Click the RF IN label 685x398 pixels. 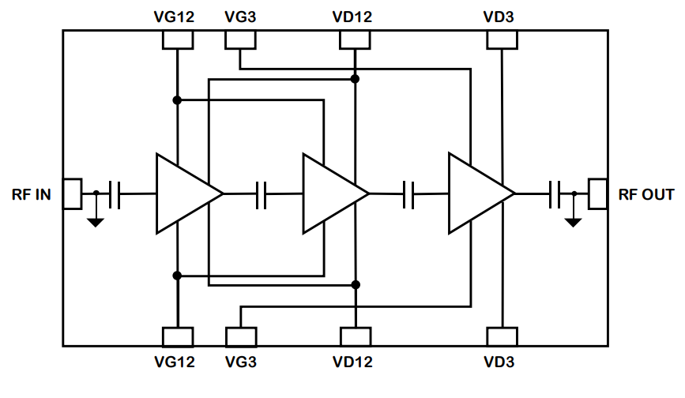pyautogui.click(x=32, y=194)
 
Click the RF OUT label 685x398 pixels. pyautogui.click(x=646, y=194)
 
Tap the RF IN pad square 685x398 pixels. pyautogui.click(x=72, y=193)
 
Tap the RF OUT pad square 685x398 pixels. pyautogui.click(x=597, y=193)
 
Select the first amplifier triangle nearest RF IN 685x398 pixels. pyautogui.click(x=183, y=193)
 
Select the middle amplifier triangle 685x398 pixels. pyautogui.click(x=330, y=193)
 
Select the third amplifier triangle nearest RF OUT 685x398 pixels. pyautogui.click(x=476, y=193)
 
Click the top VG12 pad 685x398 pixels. pyautogui.click(x=178, y=40)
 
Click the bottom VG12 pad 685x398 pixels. pyautogui.click(x=178, y=337)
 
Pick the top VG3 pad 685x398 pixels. pyautogui.click(x=240, y=40)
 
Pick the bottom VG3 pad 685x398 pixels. pyautogui.click(x=241, y=337)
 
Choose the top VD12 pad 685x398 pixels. pyautogui.click(x=356, y=40)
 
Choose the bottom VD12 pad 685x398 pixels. pyautogui.click(x=356, y=337)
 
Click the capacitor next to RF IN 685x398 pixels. pyautogui.click(x=115, y=193)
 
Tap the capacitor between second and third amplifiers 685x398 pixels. pyautogui.click(x=408, y=193)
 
